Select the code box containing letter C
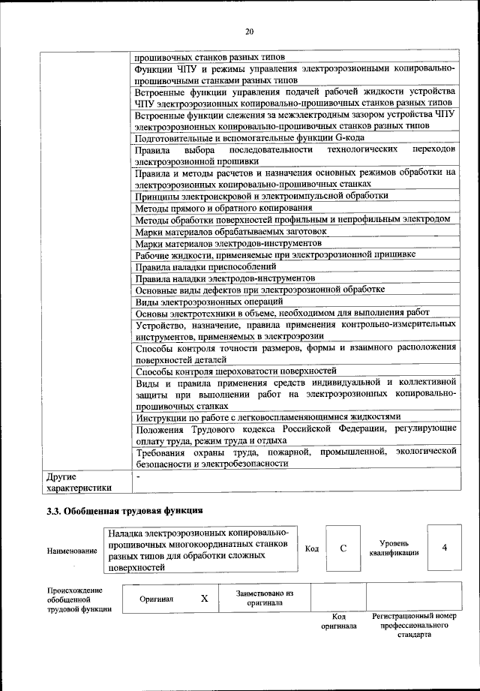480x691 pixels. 343,548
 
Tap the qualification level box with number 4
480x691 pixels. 444,548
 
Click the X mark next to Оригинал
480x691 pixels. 203,599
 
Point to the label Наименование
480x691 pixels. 72,551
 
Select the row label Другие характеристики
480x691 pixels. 79,482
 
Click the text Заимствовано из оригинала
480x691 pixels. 264,598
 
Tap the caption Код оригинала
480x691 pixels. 338,620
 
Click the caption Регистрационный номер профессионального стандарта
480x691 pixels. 414,624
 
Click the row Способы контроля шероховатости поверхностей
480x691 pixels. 235,371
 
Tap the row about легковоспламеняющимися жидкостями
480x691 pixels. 267,416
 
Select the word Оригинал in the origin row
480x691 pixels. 156,599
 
